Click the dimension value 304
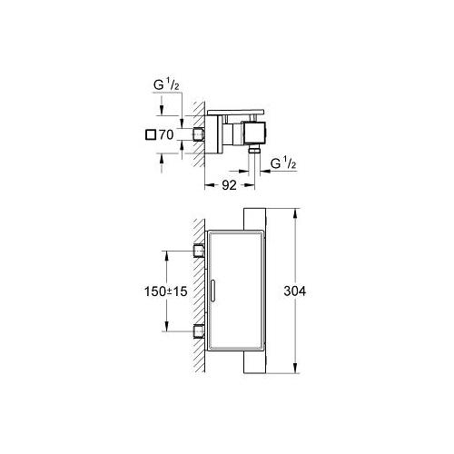(294, 291)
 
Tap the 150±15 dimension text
(165, 291)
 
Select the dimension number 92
(229, 185)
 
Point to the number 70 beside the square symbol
(166, 134)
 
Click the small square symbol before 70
(151, 134)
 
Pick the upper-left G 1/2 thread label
(166, 85)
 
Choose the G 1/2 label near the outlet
(283, 163)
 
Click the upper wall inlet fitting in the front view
(199, 251)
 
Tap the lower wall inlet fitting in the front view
(199, 331)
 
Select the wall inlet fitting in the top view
(199, 134)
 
